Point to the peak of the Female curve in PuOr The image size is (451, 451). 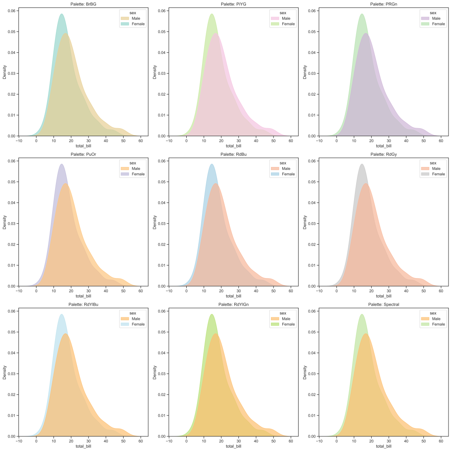(x=62, y=164)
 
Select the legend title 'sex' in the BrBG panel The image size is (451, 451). (x=133, y=13)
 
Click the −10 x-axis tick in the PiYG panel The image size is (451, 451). (x=169, y=140)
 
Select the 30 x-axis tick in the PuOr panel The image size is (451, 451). (x=89, y=291)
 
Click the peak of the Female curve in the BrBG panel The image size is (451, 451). (x=62, y=14)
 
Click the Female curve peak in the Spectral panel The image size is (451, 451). (x=362, y=314)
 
